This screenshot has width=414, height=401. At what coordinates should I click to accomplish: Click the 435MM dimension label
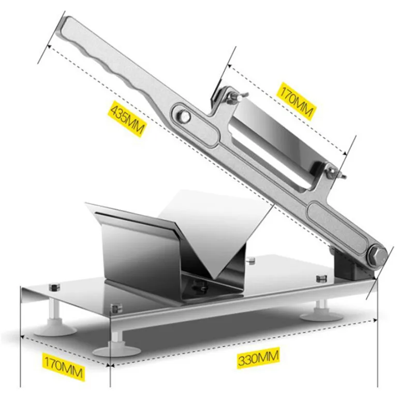pyautogui.click(x=127, y=119)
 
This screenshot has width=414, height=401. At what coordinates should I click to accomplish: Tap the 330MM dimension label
pyautogui.click(x=258, y=357)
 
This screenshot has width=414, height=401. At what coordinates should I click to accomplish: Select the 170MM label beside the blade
pyautogui.click(x=296, y=101)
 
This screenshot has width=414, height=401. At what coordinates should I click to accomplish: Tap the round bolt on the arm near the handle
pyautogui.click(x=184, y=116)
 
